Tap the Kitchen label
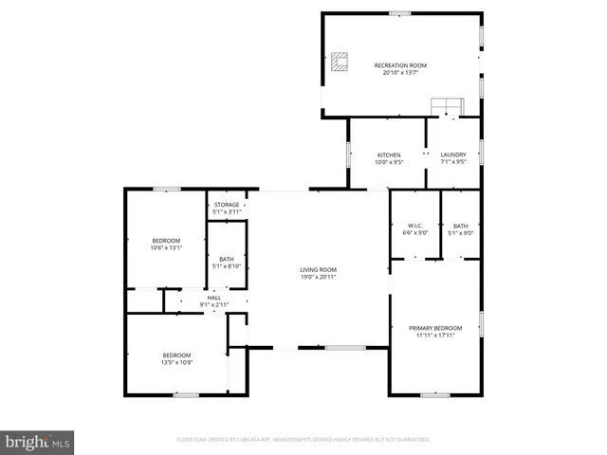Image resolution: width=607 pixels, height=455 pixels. coord(389,155)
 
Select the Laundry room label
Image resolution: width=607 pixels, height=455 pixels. coord(453,155)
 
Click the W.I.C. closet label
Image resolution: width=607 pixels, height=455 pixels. coord(415,226)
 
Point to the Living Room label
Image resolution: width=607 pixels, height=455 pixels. coord(319,270)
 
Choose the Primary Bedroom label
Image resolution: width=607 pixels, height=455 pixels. coord(435,327)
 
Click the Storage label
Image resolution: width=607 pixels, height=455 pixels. coord(227,205)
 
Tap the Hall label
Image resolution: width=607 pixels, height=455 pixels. coord(214,299)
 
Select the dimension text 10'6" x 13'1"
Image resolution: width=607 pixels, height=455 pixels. coord(166,248)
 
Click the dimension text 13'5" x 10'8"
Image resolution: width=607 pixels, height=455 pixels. coord(176,362)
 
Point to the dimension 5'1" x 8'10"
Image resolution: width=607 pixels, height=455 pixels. coord(227,266)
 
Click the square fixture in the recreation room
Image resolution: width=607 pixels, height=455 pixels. coord(340,63)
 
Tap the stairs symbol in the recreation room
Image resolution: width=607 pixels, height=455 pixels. coord(446,104)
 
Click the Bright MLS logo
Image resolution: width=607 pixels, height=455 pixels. coord(38,442)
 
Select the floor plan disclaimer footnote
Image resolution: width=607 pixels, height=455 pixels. coord(303,440)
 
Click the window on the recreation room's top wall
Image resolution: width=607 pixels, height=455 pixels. coord(400,13)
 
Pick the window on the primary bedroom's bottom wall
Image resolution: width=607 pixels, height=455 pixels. coord(434,394)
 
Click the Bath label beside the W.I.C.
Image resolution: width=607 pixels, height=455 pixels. coord(461,226)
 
